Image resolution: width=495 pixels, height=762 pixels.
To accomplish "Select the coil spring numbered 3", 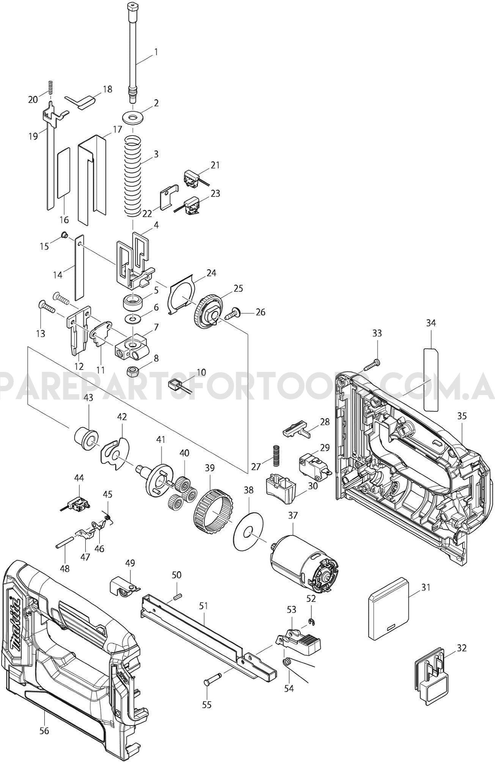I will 133,177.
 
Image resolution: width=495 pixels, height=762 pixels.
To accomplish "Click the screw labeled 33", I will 373,365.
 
